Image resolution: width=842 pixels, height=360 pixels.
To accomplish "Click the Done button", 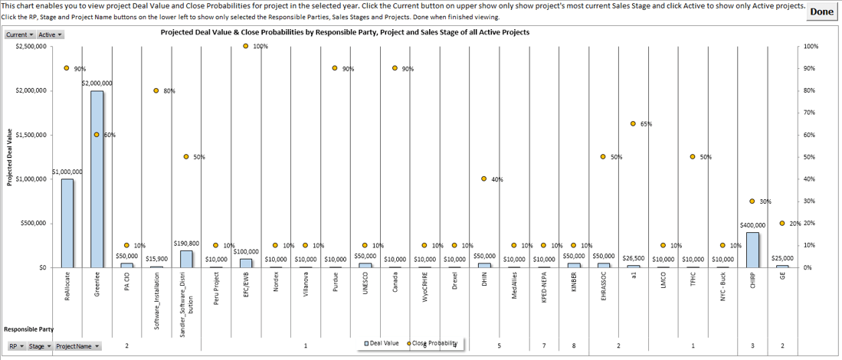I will tap(821, 11).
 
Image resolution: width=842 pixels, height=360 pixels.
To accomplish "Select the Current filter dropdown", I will tap(20, 34).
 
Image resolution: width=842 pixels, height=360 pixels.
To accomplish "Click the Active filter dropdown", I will tap(51, 34).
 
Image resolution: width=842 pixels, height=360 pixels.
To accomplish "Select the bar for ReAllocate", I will tap(67, 223).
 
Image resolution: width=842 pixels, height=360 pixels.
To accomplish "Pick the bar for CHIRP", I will tap(752, 250).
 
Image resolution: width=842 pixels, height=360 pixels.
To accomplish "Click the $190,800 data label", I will tap(186, 244).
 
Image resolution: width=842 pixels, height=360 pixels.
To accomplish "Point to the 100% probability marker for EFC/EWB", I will tap(246, 46).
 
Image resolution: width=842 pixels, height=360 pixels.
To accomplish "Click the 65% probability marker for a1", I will tap(633, 123).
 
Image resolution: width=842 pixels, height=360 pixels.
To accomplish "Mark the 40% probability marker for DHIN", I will tap(484, 179).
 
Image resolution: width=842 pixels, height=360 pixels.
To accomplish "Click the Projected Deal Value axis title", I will tap(10, 157).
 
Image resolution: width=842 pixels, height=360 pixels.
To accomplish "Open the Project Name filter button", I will tap(77, 346).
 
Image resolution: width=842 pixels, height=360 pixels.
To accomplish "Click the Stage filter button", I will tap(40, 346).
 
